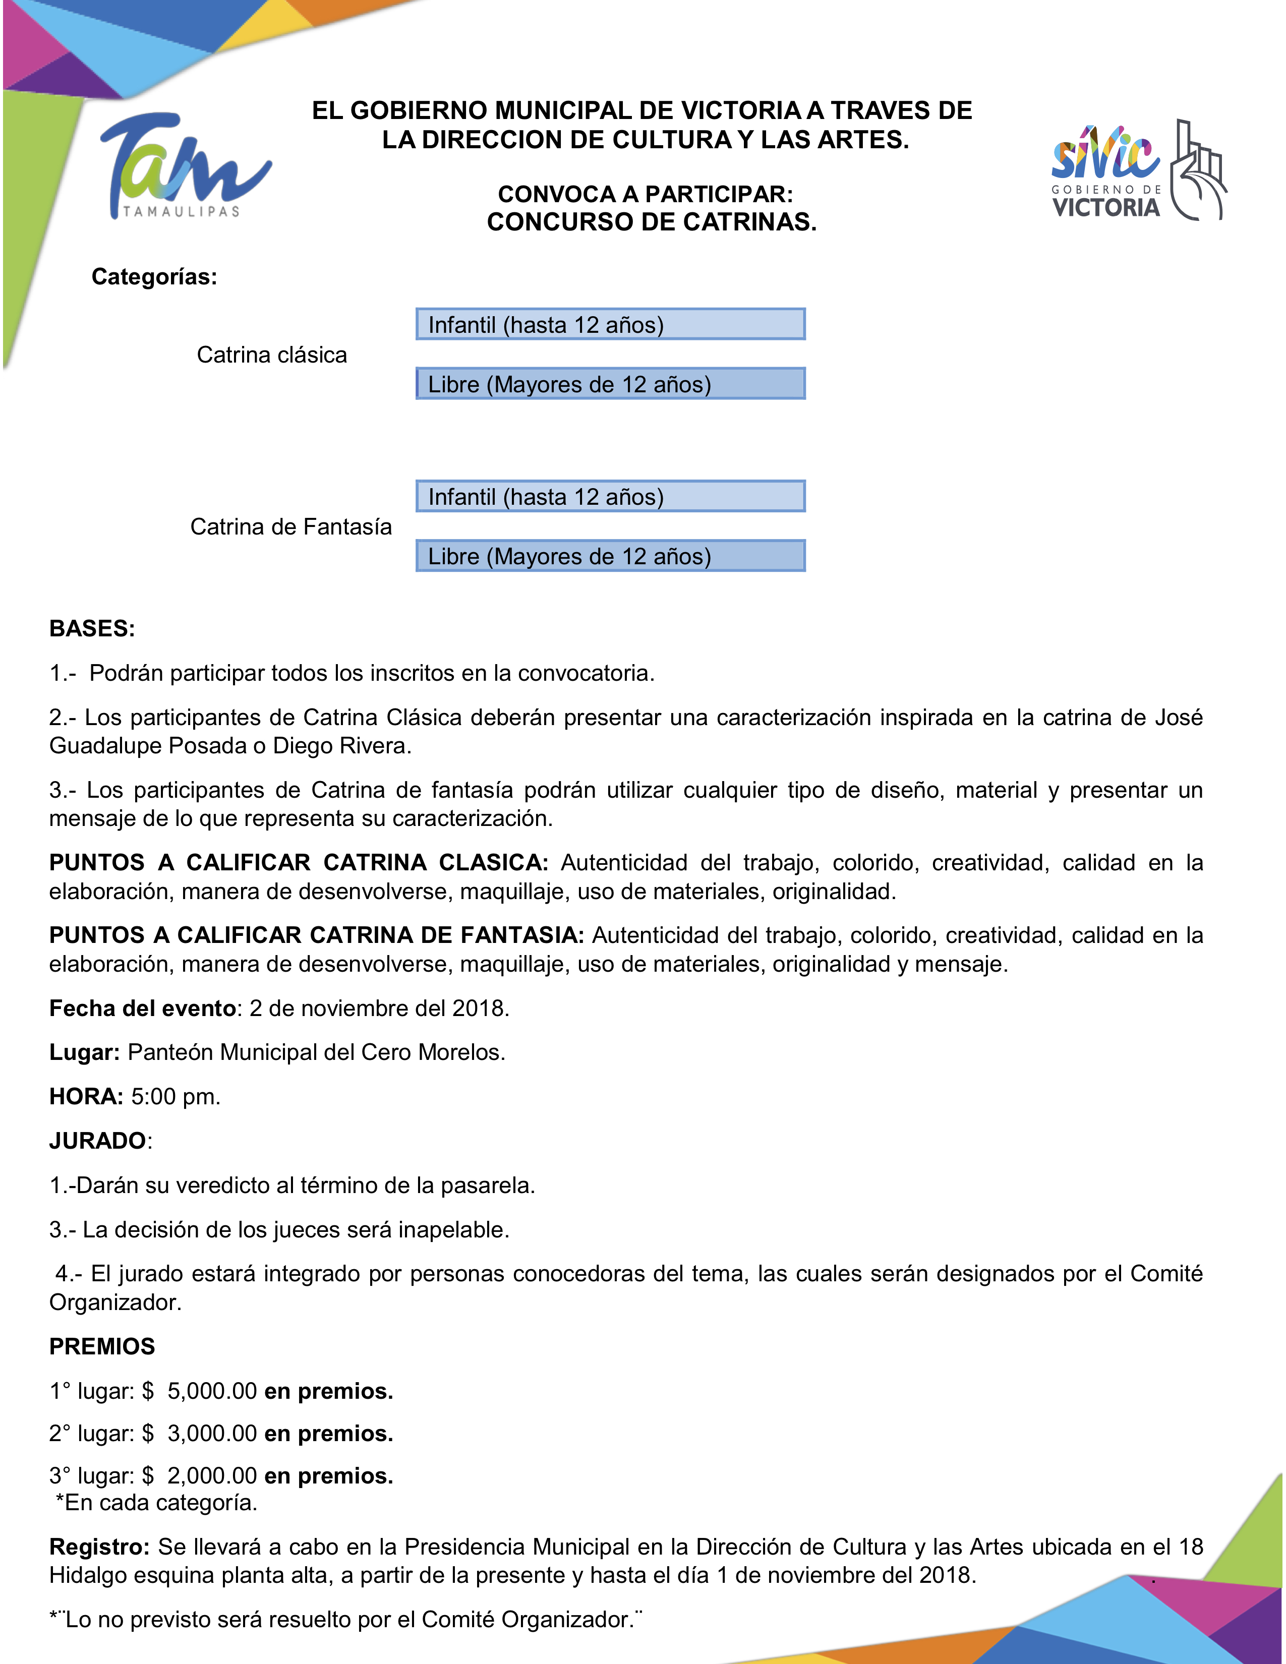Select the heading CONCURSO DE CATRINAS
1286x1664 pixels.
(652, 222)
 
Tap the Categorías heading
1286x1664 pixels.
(154, 276)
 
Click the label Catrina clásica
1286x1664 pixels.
(271, 355)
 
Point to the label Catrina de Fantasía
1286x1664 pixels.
(290, 526)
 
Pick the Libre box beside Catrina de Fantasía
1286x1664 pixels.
(610, 556)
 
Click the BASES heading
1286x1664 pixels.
(91, 629)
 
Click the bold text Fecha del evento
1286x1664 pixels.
(142, 1008)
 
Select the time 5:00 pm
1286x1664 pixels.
(175, 1096)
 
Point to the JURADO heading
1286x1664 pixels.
(97, 1141)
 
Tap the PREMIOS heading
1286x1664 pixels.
(101, 1346)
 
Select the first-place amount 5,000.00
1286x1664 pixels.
(212, 1391)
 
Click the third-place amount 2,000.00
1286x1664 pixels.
(212, 1476)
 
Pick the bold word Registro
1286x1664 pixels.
(99, 1547)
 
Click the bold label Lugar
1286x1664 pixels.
(84, 1052)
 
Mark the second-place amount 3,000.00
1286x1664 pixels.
(212, 1433)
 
